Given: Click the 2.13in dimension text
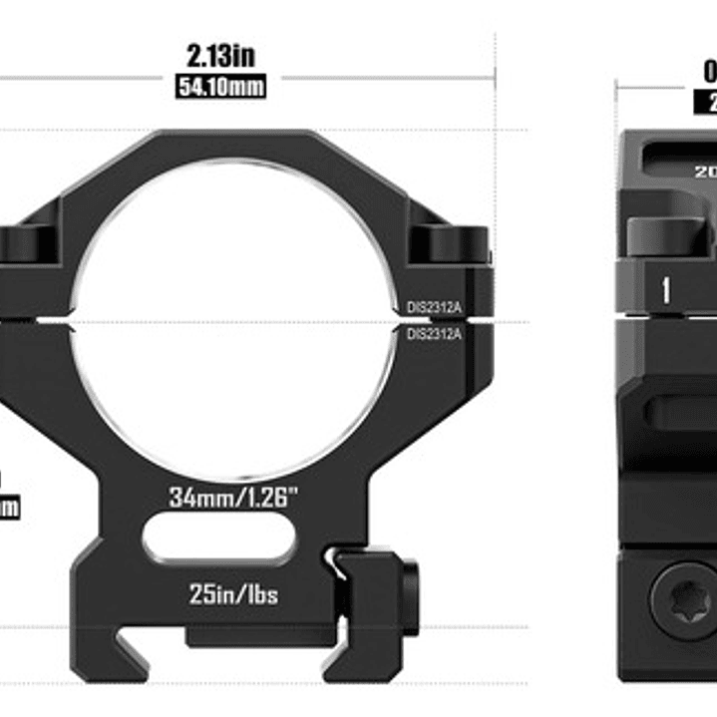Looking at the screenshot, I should [220, 55].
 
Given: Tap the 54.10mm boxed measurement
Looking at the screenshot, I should [220, 87].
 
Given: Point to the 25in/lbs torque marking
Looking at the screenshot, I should [233, 595].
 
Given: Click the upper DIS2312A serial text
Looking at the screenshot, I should [434, 308].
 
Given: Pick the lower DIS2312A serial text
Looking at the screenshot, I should [434, 334].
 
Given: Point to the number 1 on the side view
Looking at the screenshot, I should [665, 290].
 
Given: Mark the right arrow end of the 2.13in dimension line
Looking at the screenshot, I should [492, 76].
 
